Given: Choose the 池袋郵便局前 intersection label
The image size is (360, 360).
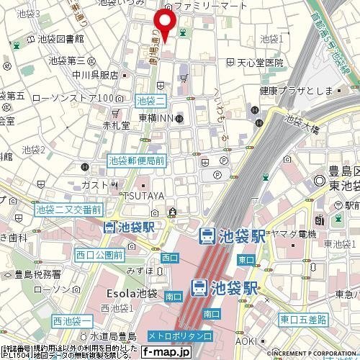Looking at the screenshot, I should click(136, 162).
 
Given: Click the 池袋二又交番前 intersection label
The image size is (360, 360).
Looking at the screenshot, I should click(68, 210).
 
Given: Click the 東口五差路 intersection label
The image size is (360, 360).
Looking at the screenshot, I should click(303, 319).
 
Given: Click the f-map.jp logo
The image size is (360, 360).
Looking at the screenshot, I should click(165, 352).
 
